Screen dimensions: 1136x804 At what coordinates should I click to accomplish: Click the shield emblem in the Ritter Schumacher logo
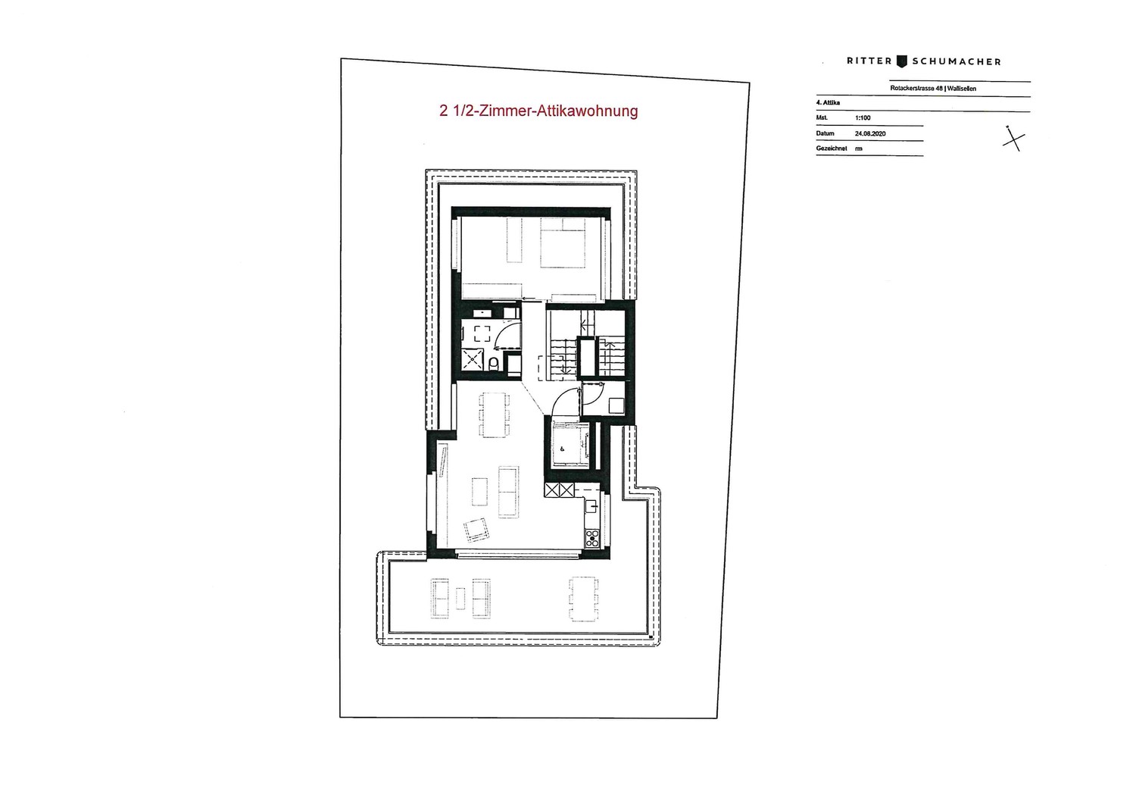click(x=902, y=61)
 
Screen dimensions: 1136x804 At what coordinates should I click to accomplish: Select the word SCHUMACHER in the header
click(x=957, y=62)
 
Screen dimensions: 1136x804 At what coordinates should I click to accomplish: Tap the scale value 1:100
click(x=863, y=117)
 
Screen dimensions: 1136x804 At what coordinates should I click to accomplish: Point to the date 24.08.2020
click(x=870, y=133)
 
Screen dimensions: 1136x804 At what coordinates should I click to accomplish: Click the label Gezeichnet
click(x=832, y=149)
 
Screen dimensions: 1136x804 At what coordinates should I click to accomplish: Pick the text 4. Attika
click(x=828, y=102)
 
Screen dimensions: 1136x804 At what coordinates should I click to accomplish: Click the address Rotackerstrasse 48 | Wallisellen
click(x=933, y=89)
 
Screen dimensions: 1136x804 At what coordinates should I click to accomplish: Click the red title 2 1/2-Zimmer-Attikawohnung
click(x=538, y=111)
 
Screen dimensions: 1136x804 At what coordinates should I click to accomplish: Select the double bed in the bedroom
click(x=563, y=242)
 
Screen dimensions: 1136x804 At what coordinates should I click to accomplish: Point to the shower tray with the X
click(x=473, y=359)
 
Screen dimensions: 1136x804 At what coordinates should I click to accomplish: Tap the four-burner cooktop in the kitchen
click(x=592, y=538)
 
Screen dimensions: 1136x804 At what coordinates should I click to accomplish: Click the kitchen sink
click(x=591, y=506)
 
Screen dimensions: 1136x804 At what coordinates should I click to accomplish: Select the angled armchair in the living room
click(x=476, y=530)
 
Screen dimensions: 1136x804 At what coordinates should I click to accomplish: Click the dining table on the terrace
click(x=583, y=599)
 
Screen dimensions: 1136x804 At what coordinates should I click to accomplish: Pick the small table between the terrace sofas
click(x=460, y=598)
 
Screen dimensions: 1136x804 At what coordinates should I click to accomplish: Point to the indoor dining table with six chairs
click(x=495, y=415)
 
